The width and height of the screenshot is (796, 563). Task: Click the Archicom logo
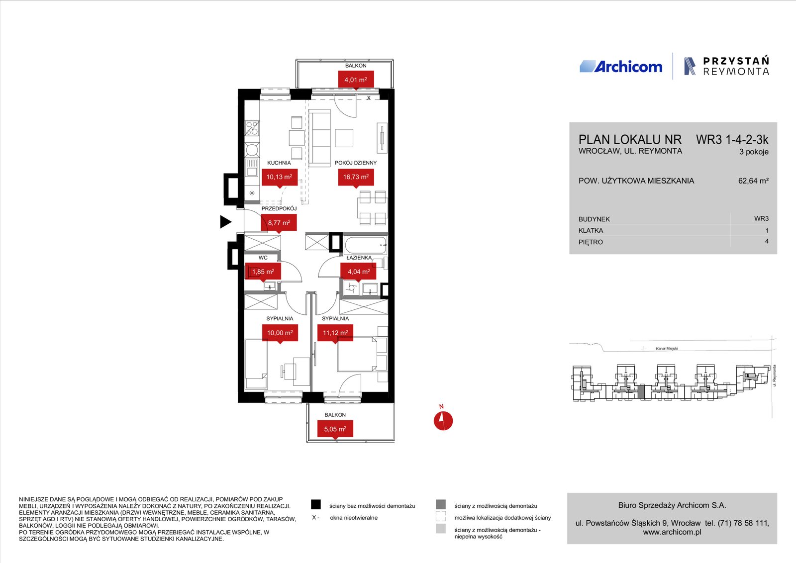[x=621, y=67]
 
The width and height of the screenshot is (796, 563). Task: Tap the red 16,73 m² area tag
[x=356, y=178]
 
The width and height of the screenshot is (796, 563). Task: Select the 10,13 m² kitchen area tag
[x=279, y=178]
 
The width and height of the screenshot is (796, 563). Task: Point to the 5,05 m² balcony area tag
[x=335, y=430]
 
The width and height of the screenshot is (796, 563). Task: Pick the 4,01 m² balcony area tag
[x=356, y=81]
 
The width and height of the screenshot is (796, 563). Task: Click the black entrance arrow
[x=226, y=222]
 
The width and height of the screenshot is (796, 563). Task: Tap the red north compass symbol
[x=443, y=421]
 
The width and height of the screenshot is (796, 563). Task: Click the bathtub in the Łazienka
[x=366, y=245]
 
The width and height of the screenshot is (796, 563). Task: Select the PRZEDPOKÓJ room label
[x=279, y=208]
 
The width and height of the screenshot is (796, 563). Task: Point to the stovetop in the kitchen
[x=252, y=128]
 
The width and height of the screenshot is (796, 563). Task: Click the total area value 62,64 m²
[x=753, y=181]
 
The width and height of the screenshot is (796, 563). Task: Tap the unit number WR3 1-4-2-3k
[x=732, y=140]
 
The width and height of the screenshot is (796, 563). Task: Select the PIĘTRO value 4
[x=767, y=241]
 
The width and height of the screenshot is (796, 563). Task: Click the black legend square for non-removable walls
[x=315, y=504]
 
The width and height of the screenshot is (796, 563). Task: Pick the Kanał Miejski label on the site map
[x=667, y=349]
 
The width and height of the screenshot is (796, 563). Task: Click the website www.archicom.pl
[x=672, y=532]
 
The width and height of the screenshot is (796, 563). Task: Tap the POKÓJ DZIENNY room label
[x=355, y=163]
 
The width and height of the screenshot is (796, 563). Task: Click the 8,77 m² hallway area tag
[x=279, y=223]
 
